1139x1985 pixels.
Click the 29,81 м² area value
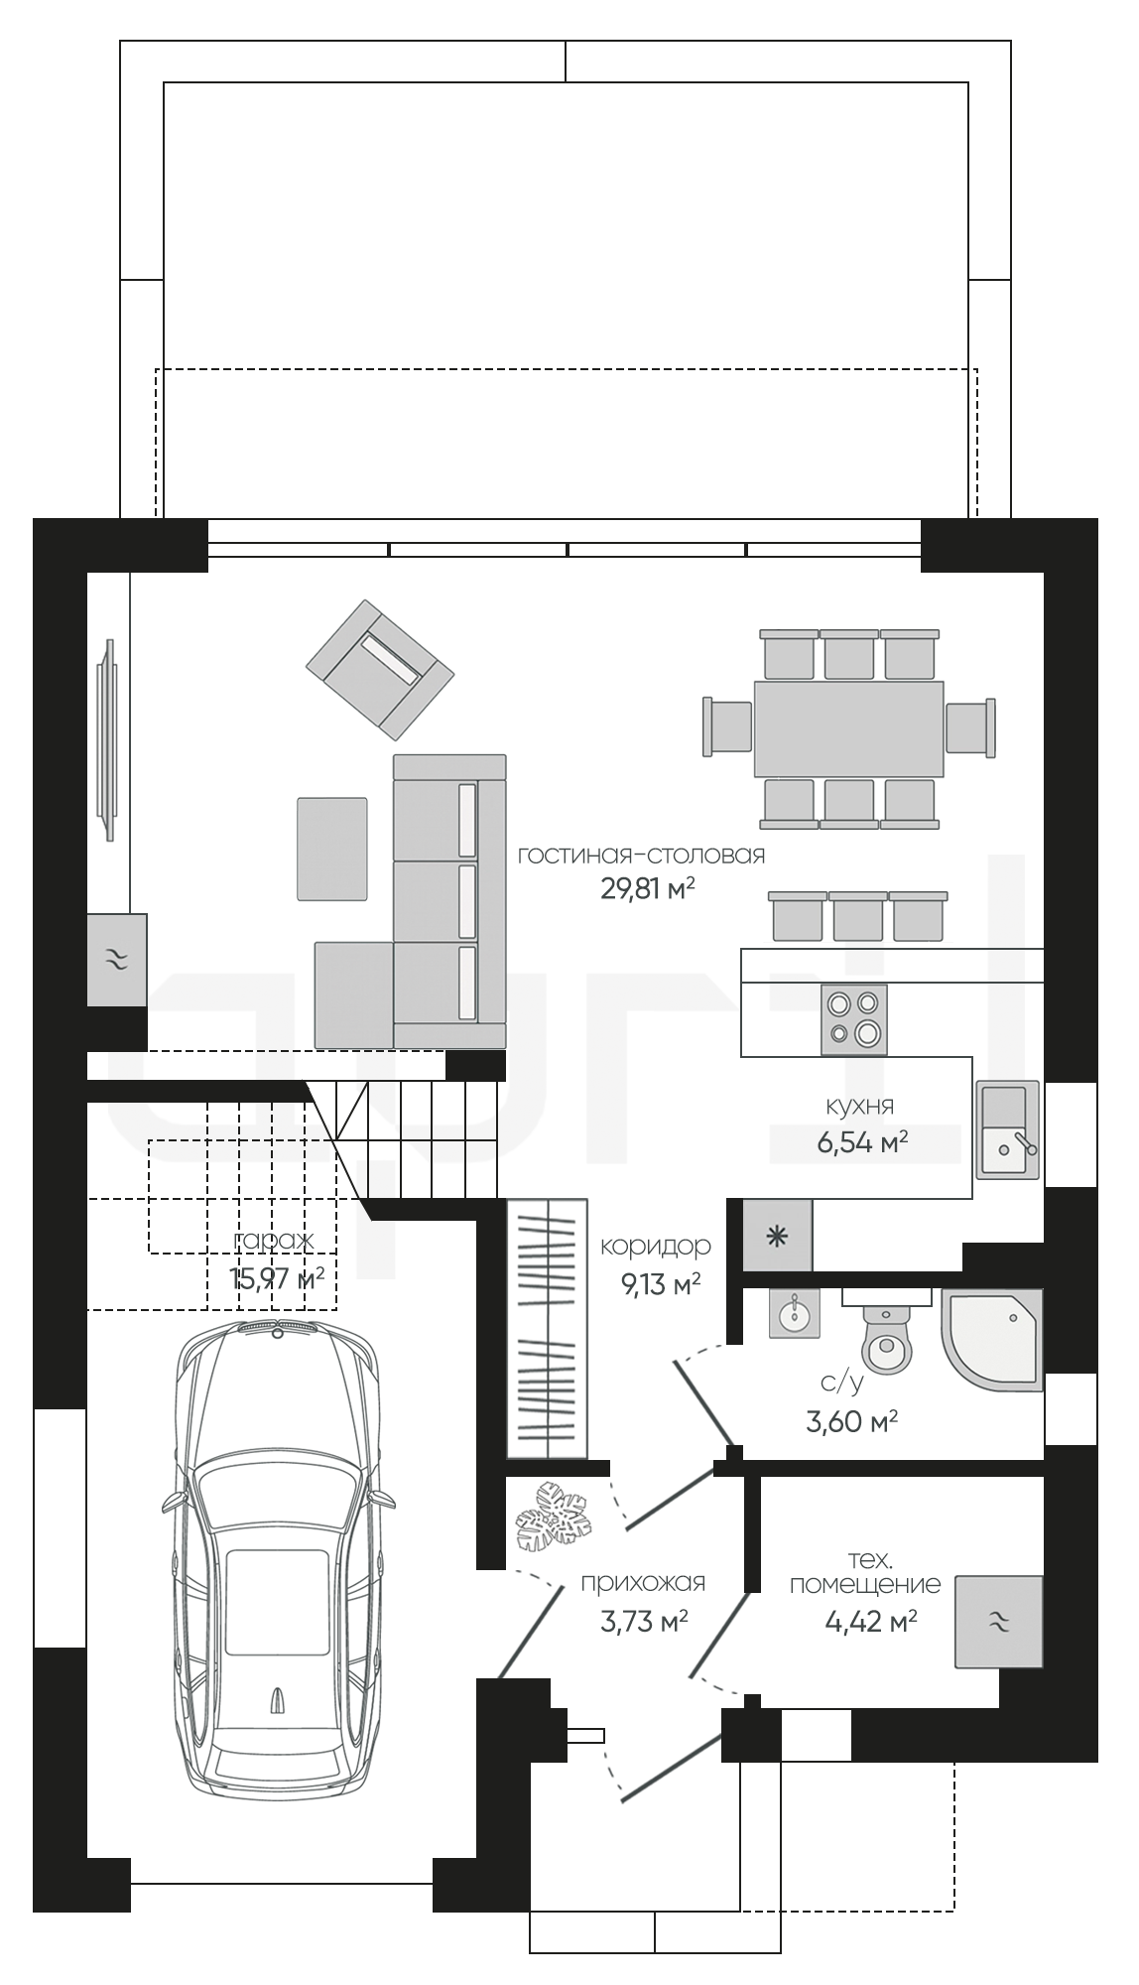(x=647, y=887)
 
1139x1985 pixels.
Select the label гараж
(x=274, y=1241)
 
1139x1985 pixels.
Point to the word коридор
(x=656, y=1246)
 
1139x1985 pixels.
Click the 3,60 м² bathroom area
(x=852, y=1422)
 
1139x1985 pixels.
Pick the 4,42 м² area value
(x=870, y=1622)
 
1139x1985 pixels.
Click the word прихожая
(x=643, y=1583)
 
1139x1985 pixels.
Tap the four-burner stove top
(x=854, y=1019)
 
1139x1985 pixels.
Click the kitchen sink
(x=1007, y=1129)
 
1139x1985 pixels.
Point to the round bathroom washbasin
(x=793, y=1315)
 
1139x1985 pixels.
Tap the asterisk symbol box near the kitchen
(x=778, y=1236)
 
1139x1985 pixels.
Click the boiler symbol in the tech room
(x=999, y=1621)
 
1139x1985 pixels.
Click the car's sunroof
(x=278, y=1602)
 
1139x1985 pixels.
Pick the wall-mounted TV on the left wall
(x=108, y=739)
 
